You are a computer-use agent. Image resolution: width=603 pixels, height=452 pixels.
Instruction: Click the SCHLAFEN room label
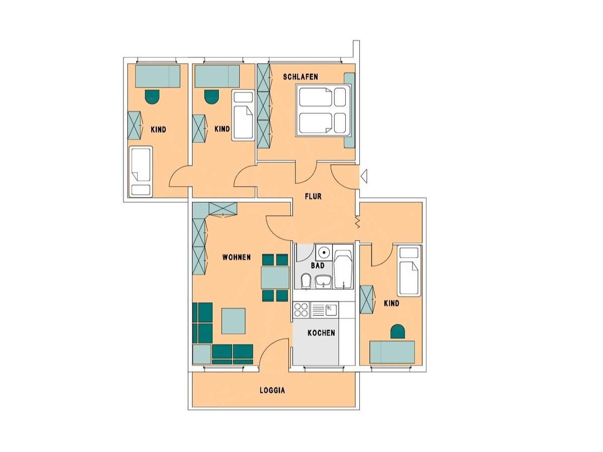click(x=300, y=77)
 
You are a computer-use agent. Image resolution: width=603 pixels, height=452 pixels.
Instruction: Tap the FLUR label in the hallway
click(x=313, y=196)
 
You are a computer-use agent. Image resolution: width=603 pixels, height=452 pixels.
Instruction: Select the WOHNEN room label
click(x=236, y=257)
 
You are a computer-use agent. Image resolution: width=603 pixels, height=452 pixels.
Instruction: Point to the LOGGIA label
click(x=272, y=390)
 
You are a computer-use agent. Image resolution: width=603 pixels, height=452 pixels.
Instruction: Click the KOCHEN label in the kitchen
click(x=321, y=332)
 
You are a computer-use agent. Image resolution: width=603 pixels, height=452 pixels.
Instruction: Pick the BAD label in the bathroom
click(x=318, y=265)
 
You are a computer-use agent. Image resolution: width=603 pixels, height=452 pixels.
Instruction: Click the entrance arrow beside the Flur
click(x=364, y=176)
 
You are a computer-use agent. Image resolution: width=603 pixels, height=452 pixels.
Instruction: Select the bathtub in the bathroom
click(x=343, y=271)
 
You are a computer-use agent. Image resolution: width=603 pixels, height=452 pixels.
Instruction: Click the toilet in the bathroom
click(x=305, y=282)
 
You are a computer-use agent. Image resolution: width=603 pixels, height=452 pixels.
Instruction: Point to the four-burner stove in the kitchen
click(x=301, y=309)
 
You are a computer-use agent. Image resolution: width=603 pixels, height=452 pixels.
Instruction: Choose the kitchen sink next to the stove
click(x=330, y=309)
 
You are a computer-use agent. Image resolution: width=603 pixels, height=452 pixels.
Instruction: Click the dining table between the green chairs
click(x=275, y=277)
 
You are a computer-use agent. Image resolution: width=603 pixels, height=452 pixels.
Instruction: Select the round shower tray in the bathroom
click(x=324, y=252)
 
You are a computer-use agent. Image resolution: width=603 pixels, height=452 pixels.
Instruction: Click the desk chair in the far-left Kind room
click(x=152, y=96)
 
